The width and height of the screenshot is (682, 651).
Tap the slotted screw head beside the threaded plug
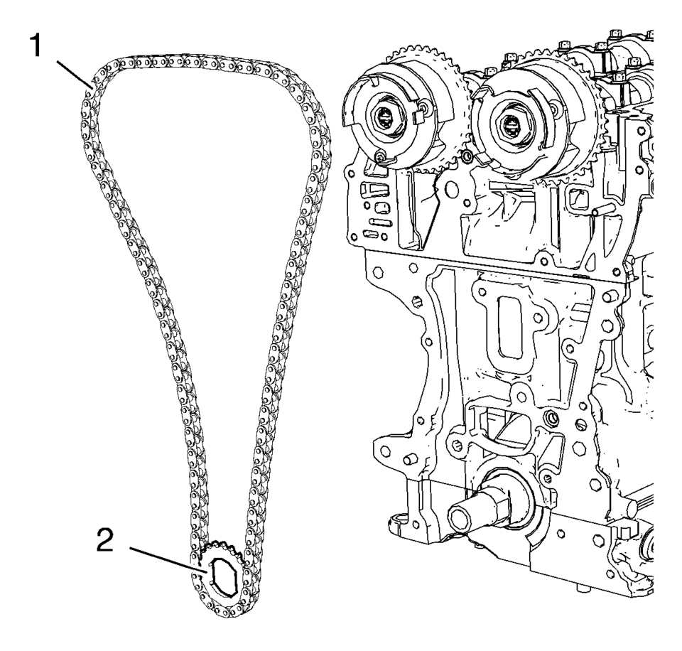(580, 426)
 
